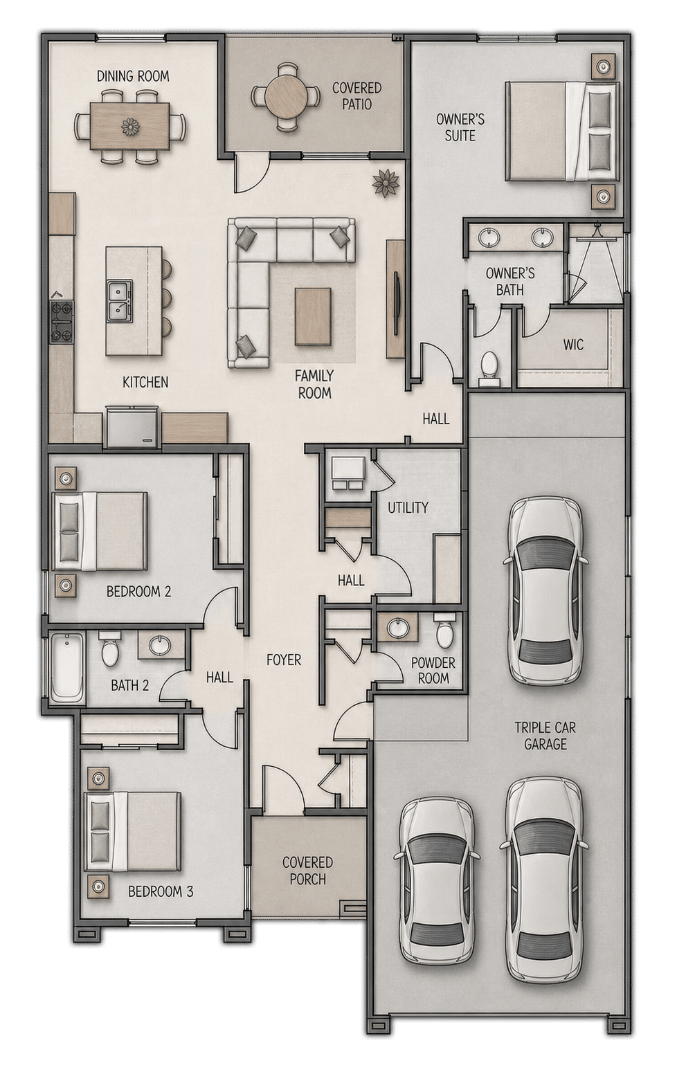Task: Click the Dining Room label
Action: [x=133, y=76]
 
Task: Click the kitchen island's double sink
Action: [x=120, y=300]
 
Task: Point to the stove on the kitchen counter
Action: [x=62, y=322]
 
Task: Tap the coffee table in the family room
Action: [x=313, y=316]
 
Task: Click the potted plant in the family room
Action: [x=386, y=182]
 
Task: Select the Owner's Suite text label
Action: [x=460, y=127]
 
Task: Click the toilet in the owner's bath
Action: [x=489, y=369]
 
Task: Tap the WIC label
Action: [x=573, y=345]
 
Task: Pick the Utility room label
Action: [x=408, y=507]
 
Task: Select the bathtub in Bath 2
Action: [x=67, y=668]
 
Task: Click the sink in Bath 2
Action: [x=159, y=646]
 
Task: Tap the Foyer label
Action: [x=284, y=660]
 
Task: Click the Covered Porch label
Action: [x=307, y=871]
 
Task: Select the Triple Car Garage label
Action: [x=545, y=736]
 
